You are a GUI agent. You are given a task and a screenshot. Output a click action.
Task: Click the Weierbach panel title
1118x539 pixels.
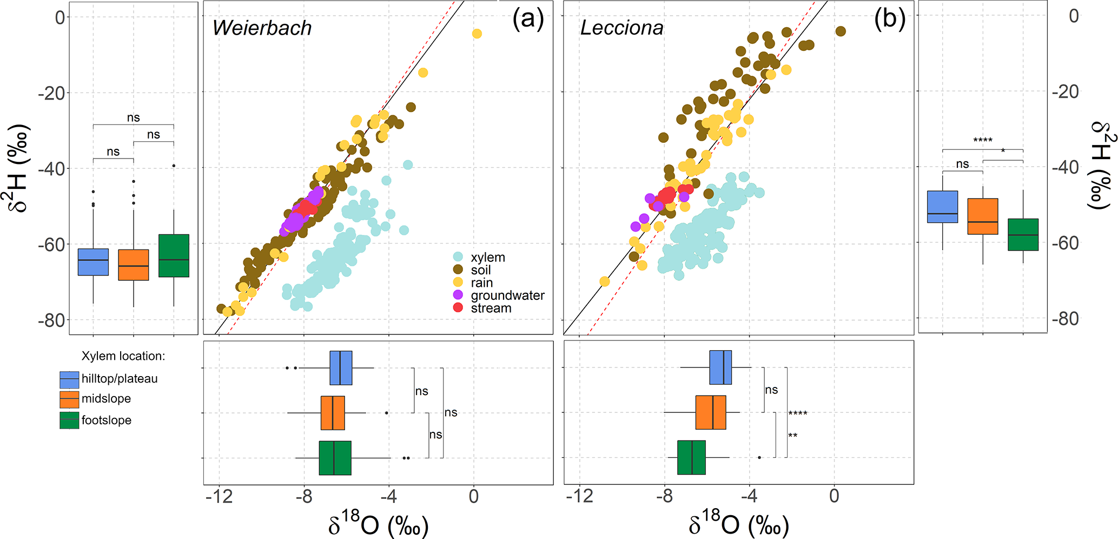tap(262, 28)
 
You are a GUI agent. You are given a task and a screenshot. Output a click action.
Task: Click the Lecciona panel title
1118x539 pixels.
tap(622, 28)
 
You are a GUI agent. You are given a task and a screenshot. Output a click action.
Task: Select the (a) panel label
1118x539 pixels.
tap(528, 20)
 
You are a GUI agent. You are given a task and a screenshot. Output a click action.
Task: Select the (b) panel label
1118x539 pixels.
tap(889, 20)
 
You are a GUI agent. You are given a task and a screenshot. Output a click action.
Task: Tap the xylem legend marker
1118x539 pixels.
tap(458, 257)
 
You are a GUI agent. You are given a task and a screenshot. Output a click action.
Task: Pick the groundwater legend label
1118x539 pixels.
tap(507, 295)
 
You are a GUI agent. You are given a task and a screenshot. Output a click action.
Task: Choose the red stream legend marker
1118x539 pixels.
tap(458, 308)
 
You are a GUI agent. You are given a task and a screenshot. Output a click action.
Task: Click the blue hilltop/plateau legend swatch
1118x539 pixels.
tap(69, 379)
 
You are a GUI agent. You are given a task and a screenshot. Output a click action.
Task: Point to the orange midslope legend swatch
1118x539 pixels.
tap(69, 399)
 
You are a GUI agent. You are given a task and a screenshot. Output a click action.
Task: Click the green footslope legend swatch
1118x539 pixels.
tap(69, 420)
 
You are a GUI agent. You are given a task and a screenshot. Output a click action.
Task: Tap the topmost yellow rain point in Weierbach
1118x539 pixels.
tap(477, 34)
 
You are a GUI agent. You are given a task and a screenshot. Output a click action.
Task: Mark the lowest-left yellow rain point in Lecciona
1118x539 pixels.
tap(605, 281)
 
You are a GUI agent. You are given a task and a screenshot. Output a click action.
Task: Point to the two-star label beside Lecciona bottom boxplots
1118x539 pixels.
tap(792, 436)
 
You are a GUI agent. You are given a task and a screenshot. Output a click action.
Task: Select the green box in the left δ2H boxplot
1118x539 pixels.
tap(174, 255)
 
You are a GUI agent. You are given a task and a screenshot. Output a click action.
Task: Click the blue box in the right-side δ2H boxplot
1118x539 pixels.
tap(942, 207)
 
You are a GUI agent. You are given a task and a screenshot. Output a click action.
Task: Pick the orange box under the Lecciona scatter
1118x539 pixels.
tap(711, 412)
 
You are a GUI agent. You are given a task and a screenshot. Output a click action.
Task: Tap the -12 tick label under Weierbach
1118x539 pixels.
tap(219, 497)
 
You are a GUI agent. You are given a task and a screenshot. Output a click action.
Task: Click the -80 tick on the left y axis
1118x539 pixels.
tap(52, 320)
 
